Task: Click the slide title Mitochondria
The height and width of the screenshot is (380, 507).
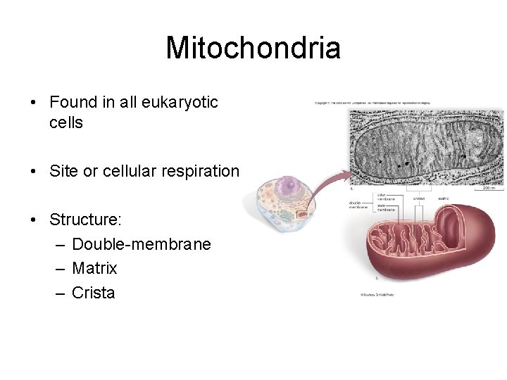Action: pos(253,48)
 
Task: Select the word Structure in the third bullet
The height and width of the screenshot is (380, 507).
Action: pos(84,220)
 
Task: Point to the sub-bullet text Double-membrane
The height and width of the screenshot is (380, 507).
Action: pos(141,244)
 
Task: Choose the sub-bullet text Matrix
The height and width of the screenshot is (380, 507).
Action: pos(94,268)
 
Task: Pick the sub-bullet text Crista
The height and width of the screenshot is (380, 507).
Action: pos(93,293)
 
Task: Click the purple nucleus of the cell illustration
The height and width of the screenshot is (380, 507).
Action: pos(287,186)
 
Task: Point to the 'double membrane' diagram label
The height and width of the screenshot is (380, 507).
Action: pos(359,205)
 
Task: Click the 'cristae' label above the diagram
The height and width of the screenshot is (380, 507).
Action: pos(419,199)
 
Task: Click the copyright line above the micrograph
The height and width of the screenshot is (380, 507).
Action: pos(372,103)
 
